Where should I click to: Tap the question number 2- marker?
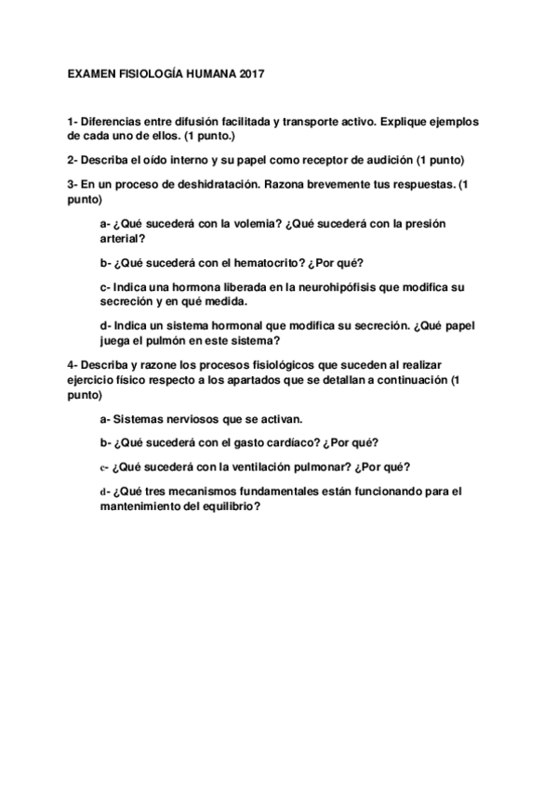73,160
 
